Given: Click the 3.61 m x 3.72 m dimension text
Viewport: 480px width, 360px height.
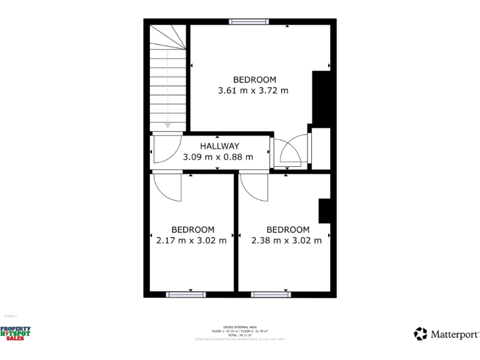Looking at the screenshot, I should [x=254, y=91].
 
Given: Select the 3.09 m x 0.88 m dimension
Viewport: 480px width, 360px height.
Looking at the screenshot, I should [x=218, y=157].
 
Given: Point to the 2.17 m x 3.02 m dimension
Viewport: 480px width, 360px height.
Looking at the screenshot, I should [x=192, y=240].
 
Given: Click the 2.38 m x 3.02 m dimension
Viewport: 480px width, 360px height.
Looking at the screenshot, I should [x=287, y=240].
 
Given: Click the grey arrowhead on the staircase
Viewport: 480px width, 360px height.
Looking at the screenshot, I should [x=167, y=125].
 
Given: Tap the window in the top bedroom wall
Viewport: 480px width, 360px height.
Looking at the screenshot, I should [x=249, y=22].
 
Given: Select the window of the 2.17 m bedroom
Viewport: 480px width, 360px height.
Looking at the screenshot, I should [x=186, y=294].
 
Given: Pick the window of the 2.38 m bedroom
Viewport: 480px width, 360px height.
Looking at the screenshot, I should [x=271, y=294].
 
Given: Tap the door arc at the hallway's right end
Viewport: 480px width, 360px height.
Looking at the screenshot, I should [x=289, y=151].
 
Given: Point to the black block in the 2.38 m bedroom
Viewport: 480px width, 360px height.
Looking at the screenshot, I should [x=324, y=211].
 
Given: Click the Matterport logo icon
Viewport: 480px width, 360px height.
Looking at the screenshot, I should [x=421, y=334].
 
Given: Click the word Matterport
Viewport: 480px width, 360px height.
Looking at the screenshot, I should [x=454, y=334].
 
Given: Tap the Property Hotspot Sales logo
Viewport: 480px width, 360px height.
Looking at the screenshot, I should [x=15, y=334].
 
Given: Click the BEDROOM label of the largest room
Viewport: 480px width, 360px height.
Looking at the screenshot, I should [x=254, y=79].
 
